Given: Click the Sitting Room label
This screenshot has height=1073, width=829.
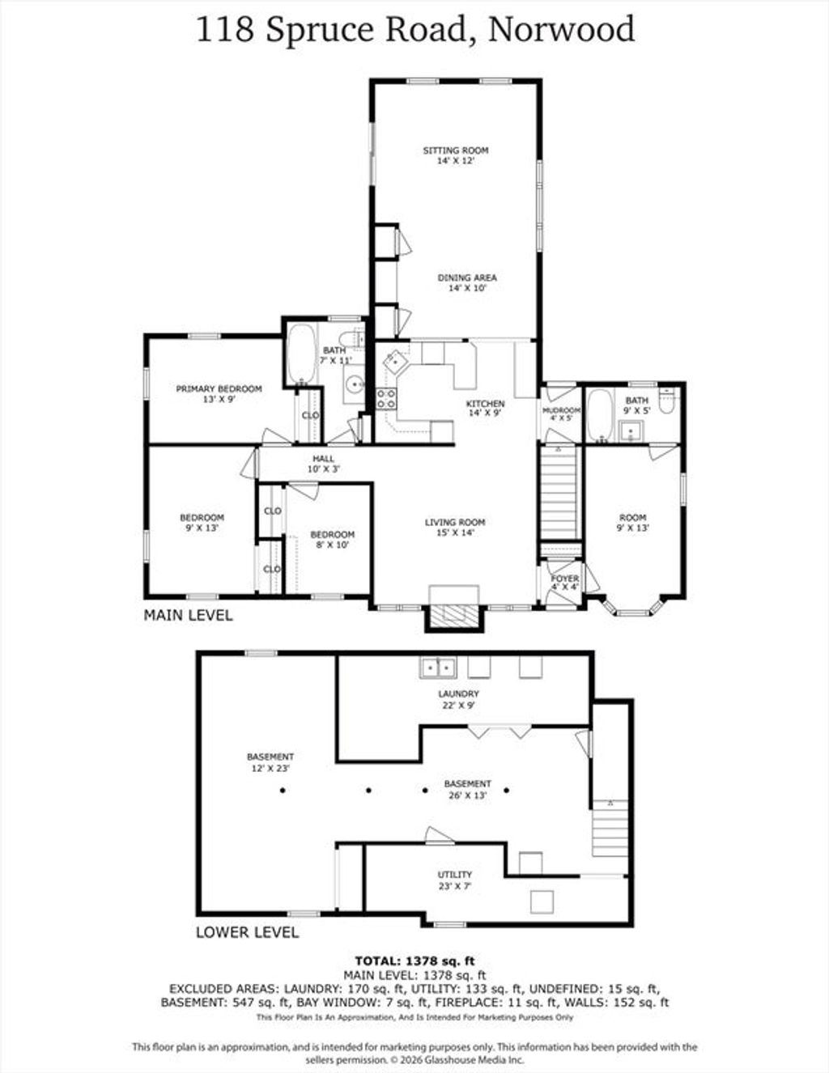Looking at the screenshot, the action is [x=456, y=155].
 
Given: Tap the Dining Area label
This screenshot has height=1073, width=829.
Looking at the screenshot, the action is [x=467, y=282].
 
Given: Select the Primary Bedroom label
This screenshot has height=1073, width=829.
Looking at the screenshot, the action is [x=219, y=393].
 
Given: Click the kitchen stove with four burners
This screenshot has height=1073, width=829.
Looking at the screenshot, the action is [x=386, y=398].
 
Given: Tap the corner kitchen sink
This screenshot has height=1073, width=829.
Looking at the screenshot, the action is [x=395, y=362].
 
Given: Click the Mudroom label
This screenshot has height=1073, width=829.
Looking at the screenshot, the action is [x=561, y=414].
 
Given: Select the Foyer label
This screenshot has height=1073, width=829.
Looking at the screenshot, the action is [x=565, y=583].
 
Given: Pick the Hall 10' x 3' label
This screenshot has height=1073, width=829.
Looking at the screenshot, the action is [x=324, y=464].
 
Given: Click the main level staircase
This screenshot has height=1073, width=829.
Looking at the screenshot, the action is [x=559, y=494].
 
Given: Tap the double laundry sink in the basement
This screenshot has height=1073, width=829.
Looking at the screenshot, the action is [x=438, y=668].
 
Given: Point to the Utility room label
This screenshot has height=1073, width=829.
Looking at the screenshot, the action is [x=454, y=880].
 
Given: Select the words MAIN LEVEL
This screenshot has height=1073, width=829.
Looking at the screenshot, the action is [x=188, y=615].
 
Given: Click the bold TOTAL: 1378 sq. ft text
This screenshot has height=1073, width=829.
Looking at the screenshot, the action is [x=414, y=961].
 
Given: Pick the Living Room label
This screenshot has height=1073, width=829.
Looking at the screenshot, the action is [x=454, y=528].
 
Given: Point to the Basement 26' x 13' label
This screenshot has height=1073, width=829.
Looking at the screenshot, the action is [x=467, y=790].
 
